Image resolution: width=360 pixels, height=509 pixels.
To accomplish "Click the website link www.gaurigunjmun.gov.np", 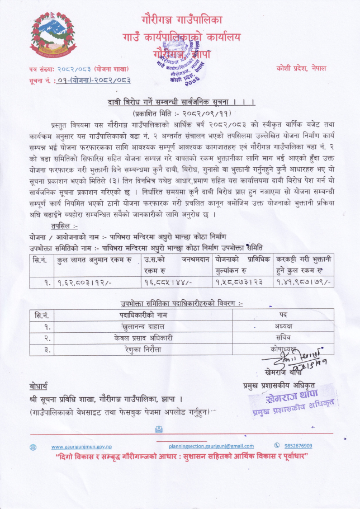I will point(82,446).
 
